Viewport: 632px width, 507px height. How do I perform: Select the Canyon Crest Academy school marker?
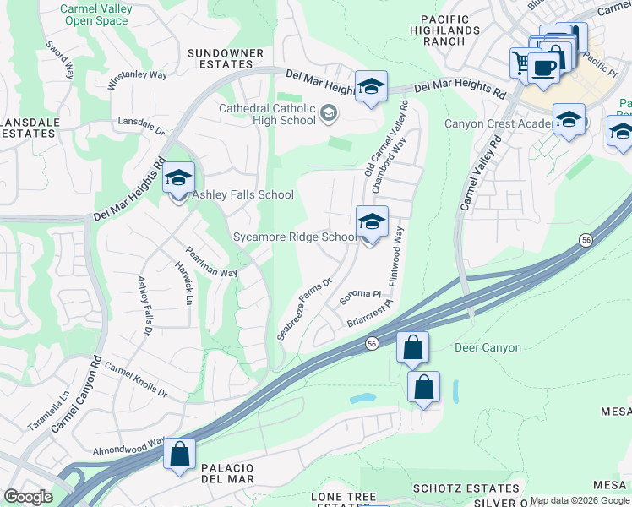pyautogui.click(x=569, y=120)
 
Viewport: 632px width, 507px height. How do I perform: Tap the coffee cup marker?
pyautogui.click(x=544, y=67)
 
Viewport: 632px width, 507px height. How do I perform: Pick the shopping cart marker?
pyautogui.click(x=522, y=62)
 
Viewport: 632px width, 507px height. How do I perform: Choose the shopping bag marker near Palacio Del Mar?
pyautogui.click(x=180, y=455)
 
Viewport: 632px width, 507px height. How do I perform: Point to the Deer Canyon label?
pyautogui.click(x=488, y=347)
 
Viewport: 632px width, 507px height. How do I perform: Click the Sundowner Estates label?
pyautogui.click(x=221, y=58)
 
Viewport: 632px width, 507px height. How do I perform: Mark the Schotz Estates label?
pyautogui.click(x=466, y=488)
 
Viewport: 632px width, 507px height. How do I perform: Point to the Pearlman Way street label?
pyautogui.click(x=211, y=263)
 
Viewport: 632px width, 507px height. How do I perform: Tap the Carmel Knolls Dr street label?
pyautogui.click(x=135, y=381)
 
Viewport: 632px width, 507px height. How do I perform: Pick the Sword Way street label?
pyautogui.click(x=60, y=57)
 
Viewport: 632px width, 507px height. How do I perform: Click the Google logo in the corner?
pyautogui.click(x=28, y=496)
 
